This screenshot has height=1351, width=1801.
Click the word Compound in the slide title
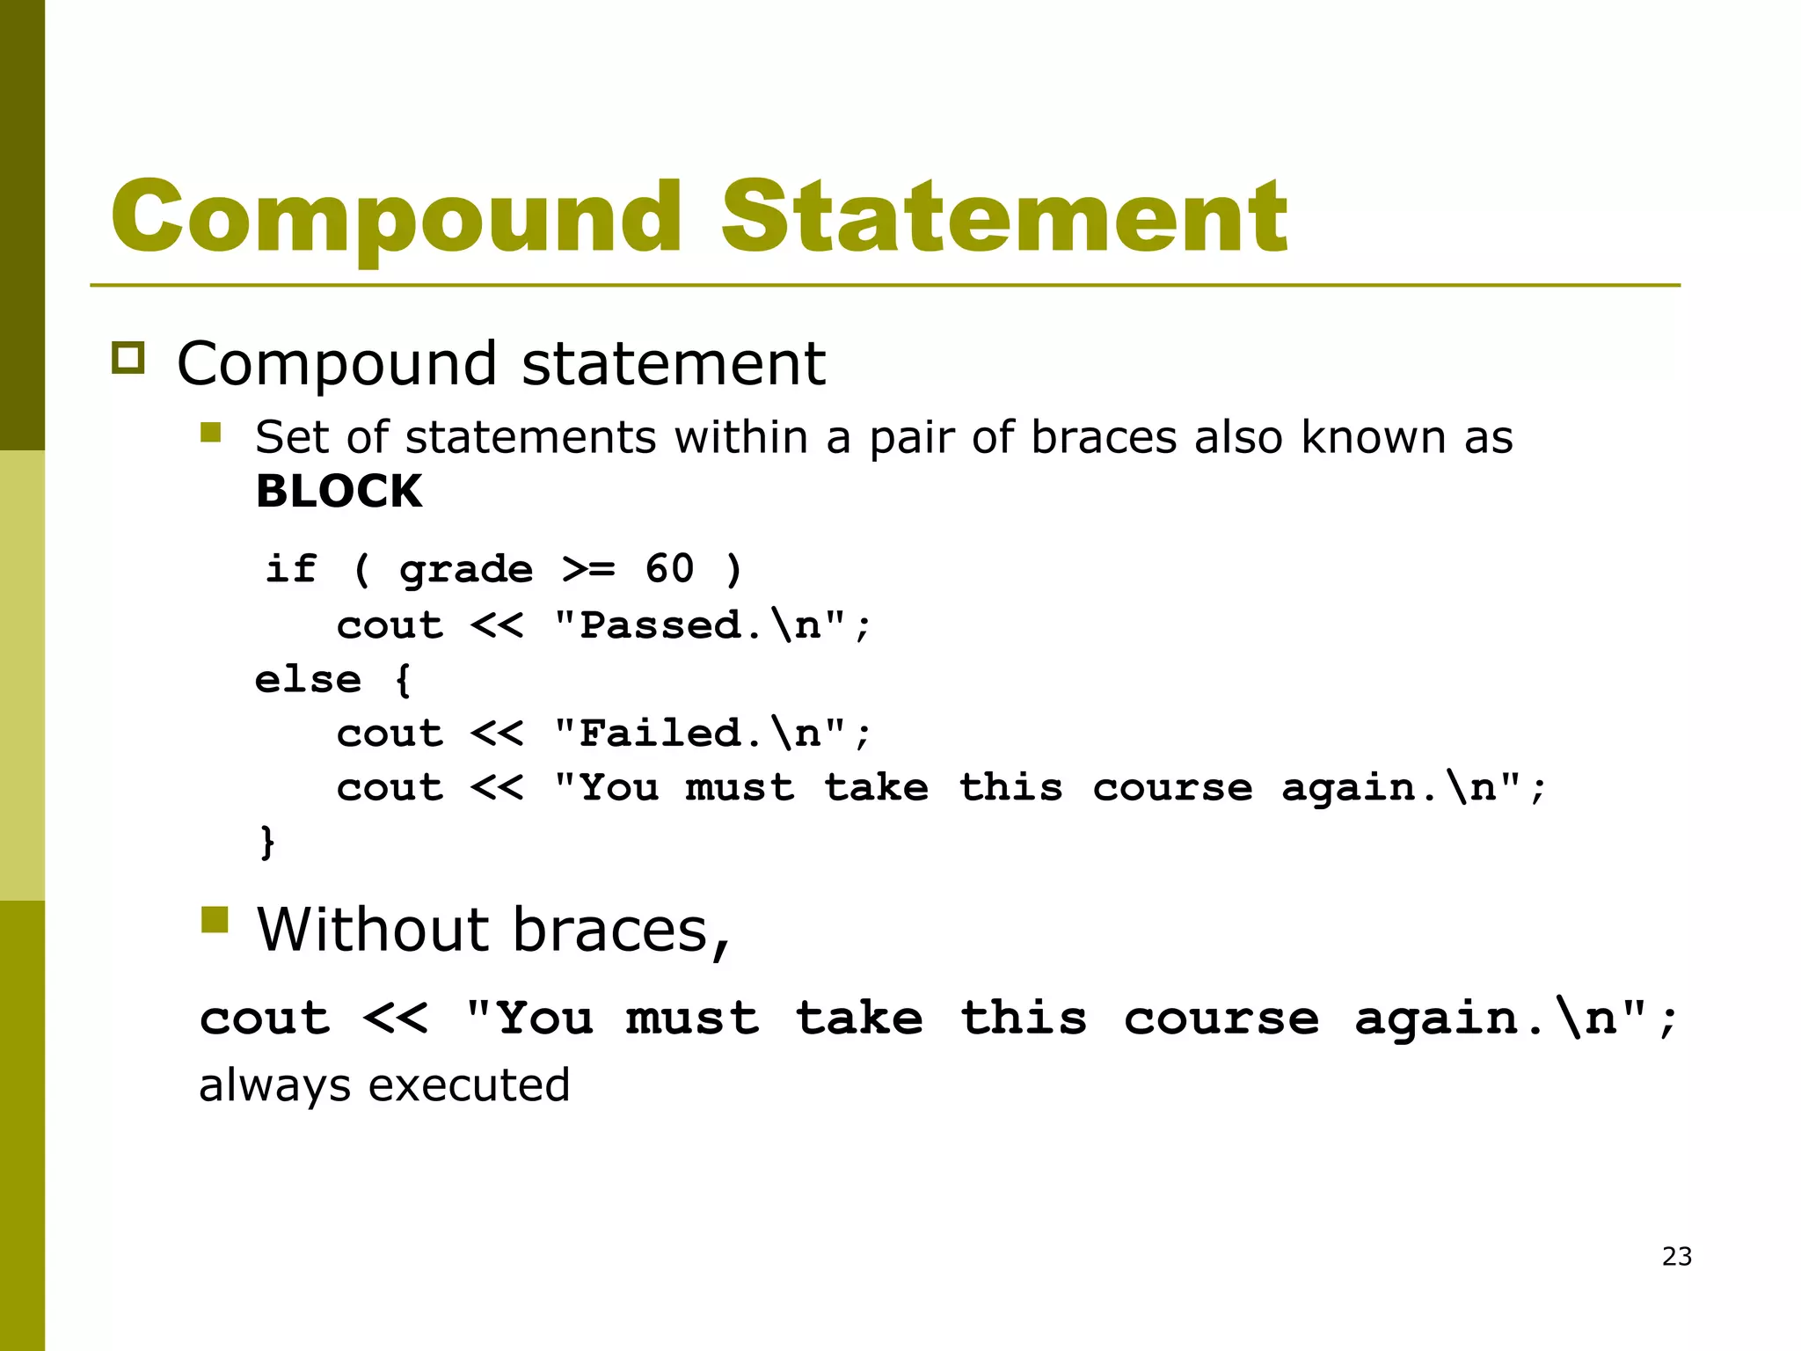point(396,217)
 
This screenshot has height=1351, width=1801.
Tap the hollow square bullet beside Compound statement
point(128,359)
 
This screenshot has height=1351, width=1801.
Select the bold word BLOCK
point(339,491)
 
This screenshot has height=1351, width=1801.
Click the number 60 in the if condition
point(669,568)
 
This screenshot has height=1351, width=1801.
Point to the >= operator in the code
point(588,570)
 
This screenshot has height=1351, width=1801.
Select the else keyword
point(308,679)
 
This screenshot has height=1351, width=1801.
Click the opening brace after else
point(403,680)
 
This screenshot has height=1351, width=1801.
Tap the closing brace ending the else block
point(267,842)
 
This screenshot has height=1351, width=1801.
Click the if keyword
point(290,568)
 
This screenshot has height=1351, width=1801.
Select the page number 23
point(1676,1256)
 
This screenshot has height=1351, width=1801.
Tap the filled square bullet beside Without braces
point(215,920)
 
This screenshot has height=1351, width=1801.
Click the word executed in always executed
point(469,1085)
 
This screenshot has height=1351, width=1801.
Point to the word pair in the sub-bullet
point(911,438)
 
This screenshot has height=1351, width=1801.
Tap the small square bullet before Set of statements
point(210,432)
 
